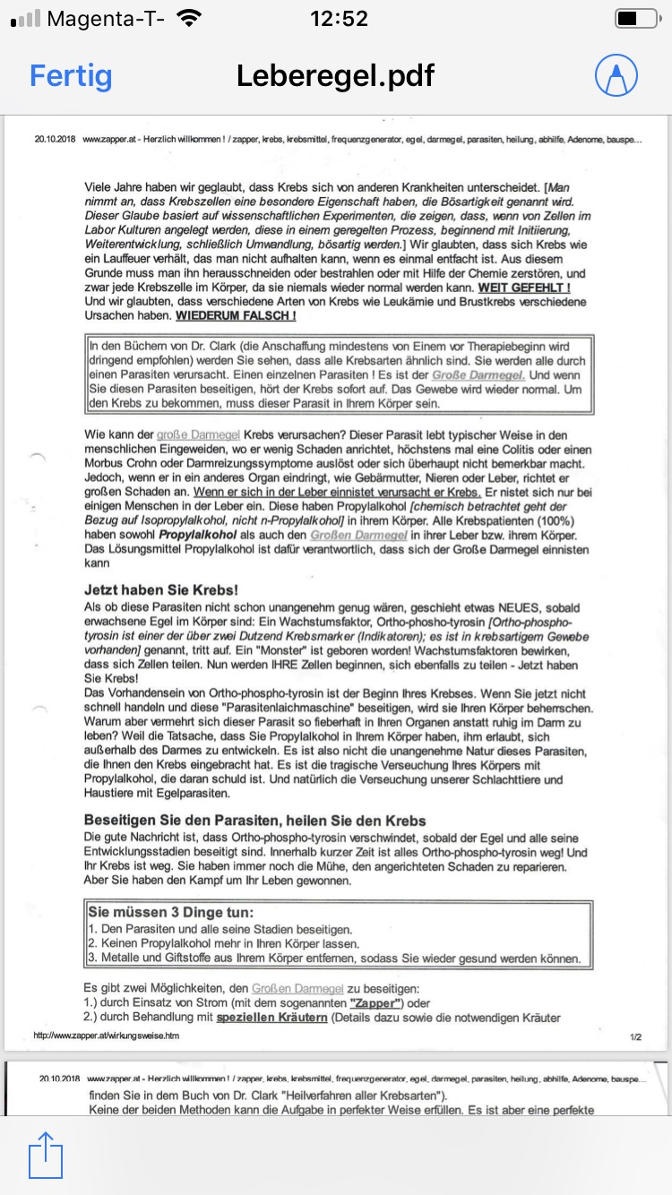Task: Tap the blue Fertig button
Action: coord(71,75)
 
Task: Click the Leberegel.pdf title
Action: coord(335,75)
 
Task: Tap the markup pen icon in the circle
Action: coord(616,75)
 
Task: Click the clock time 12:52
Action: coord(339,19)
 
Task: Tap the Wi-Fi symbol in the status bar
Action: coord(190,19)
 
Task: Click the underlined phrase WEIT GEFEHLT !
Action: coord(524,288)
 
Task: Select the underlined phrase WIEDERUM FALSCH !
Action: coord(236,316)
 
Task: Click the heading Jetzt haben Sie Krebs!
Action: coord(161,590)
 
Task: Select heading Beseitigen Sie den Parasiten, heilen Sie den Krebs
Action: coord(255,821)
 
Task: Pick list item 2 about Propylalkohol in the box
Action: coord(224,943)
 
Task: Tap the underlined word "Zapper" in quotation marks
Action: coord(376,1003)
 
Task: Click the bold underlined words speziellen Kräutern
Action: coord(271,1018)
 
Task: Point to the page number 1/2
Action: coord(635,1036)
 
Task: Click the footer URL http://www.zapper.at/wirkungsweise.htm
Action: coord(106,1035)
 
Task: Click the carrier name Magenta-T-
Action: coord(105,19)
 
